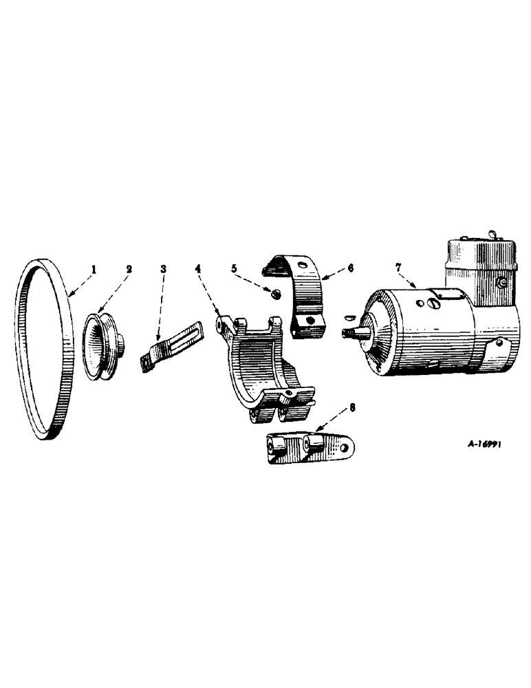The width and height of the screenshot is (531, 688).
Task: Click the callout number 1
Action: point(94,268)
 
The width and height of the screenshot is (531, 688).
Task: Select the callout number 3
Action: point(164,268)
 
